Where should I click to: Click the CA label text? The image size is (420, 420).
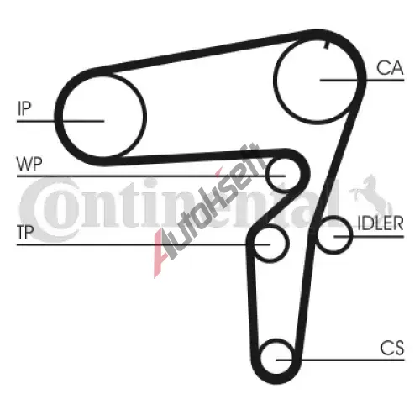coord(390,68)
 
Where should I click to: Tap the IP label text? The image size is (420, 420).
coord(24,108)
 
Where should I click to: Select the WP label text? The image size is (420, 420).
coord(29,164)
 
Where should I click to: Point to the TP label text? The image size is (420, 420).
coord(25,233)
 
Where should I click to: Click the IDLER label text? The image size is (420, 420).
coord(381,223)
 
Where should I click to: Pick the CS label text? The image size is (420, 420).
coord(392,348)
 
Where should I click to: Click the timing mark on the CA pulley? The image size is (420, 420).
coord(326,45)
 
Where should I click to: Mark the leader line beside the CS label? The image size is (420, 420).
coord(340,360)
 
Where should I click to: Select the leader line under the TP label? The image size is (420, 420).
coord(144,244)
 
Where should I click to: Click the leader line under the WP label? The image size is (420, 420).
coord(151,176)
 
